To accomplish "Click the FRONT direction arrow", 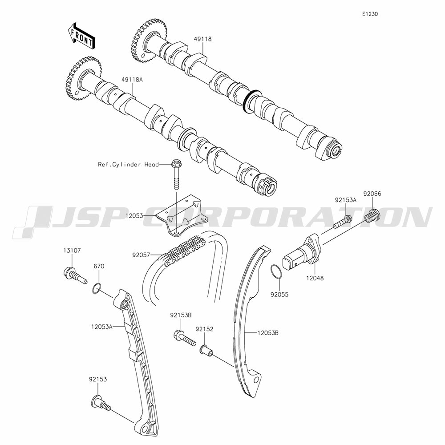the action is (x=81, y=35).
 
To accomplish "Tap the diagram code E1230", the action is (x=370, y=14).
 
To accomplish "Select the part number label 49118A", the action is (x=132, y=80).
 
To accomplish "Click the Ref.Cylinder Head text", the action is (x=128, y=164).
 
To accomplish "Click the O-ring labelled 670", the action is (x=97, y=288).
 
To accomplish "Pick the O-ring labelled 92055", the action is (x=277, y=272).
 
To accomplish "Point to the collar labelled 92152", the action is (x=206, y=350).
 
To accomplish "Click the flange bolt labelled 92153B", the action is (x=185, y=337).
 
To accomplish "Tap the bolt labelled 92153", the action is (x=101, y=404).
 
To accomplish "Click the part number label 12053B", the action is (x=268, y=332).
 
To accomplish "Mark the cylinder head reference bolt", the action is (x=175, y=174).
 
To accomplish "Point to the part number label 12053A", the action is (x=102, y=327).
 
